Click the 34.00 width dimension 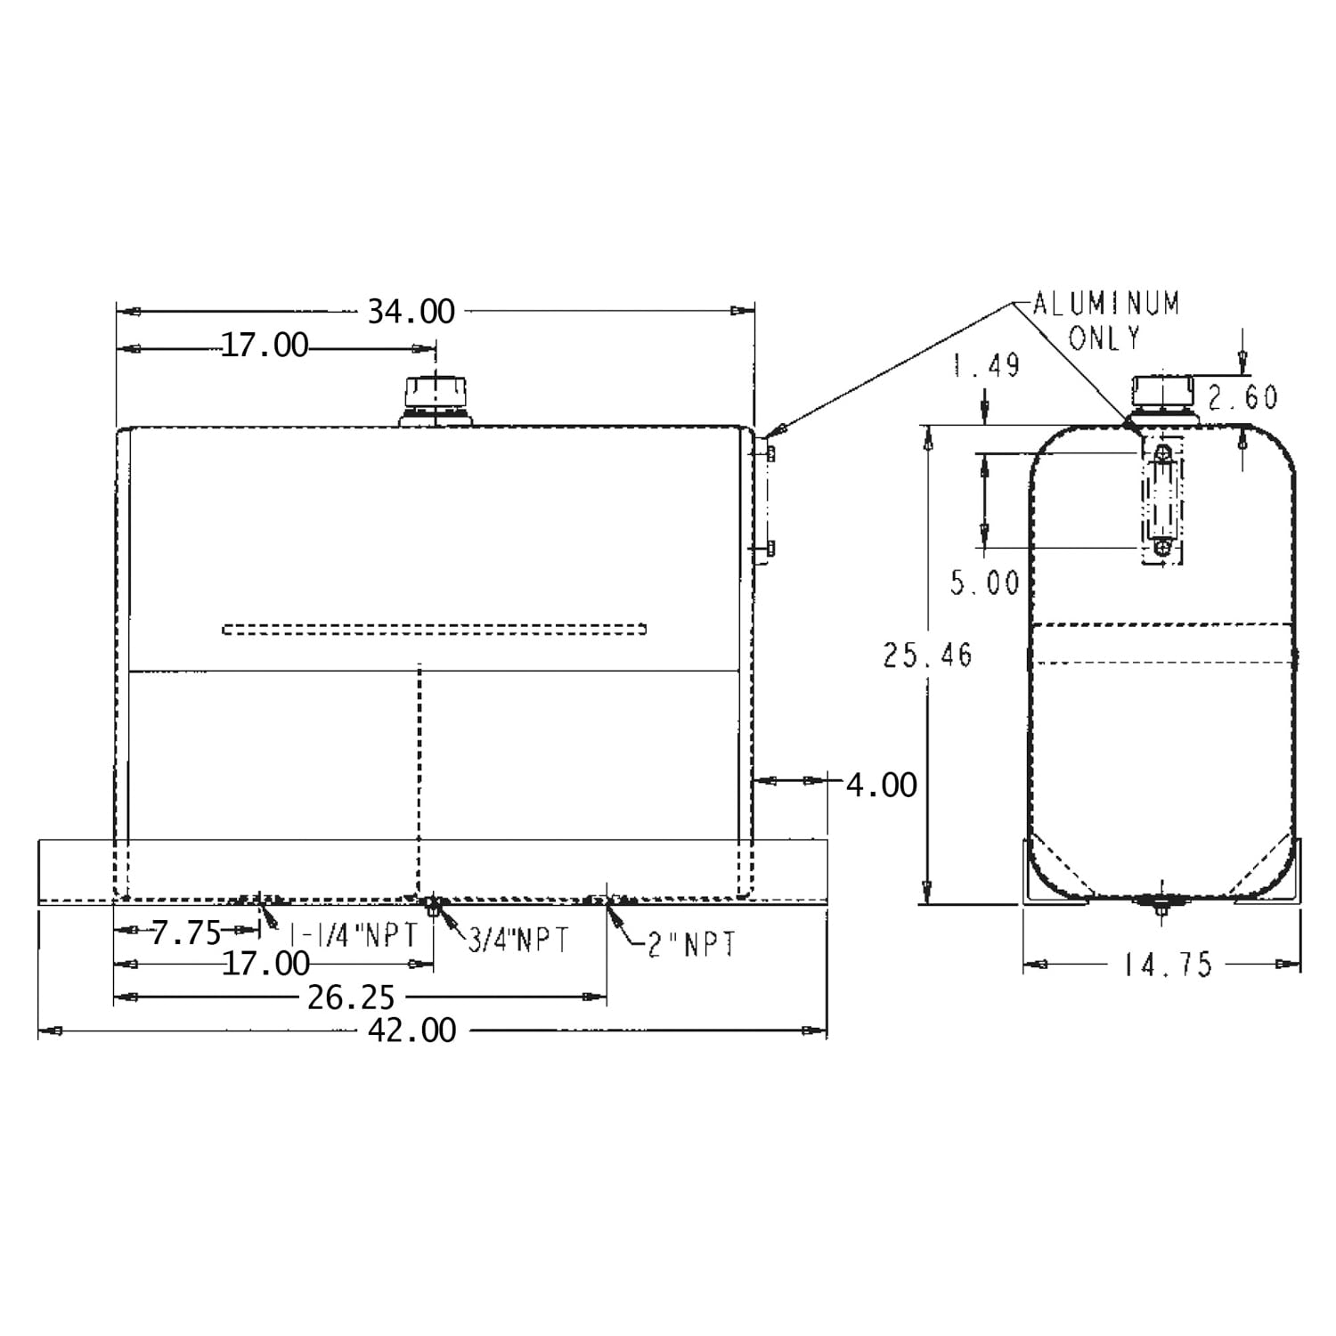[411, 312]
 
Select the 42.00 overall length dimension [412, 1031]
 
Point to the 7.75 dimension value [185, 933]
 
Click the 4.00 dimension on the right [881, 785]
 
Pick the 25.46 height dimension [928, 656]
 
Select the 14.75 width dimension [1168, 965]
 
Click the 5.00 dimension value [984, 583]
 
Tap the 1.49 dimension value [986, 364]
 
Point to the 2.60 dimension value [1243, 397]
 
